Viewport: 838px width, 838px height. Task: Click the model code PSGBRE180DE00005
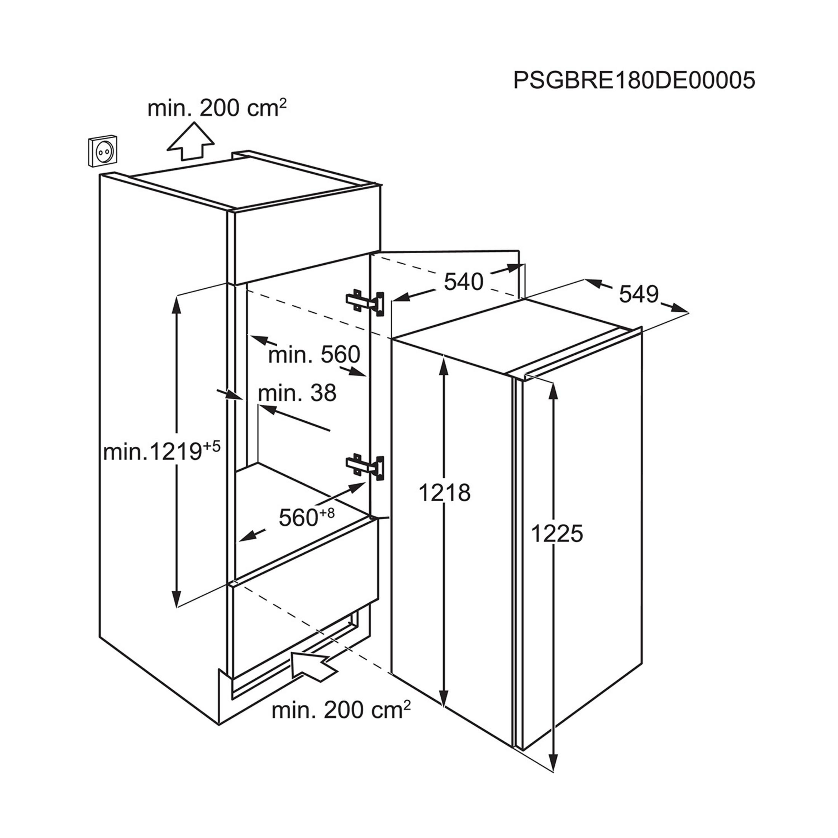tap(634, 80)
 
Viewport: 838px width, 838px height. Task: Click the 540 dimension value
tap(463, 282)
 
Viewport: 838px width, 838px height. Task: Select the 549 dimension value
tap(638, 294)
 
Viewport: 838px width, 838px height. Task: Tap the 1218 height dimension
tap(445, 493)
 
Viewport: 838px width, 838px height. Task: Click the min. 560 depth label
tap(314, 354)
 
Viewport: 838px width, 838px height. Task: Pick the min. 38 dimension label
tap(297, 393)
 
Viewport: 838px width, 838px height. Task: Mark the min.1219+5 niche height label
tap(162, 453)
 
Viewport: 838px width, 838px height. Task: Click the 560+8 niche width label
tap(306, 517)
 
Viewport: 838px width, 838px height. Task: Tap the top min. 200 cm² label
tap(217, 108)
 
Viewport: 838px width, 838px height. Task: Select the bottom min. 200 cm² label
tap(341, 710)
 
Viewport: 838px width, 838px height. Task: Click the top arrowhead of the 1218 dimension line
tap(443, 365)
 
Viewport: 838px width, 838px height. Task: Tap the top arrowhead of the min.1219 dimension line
tap(176, 303)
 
